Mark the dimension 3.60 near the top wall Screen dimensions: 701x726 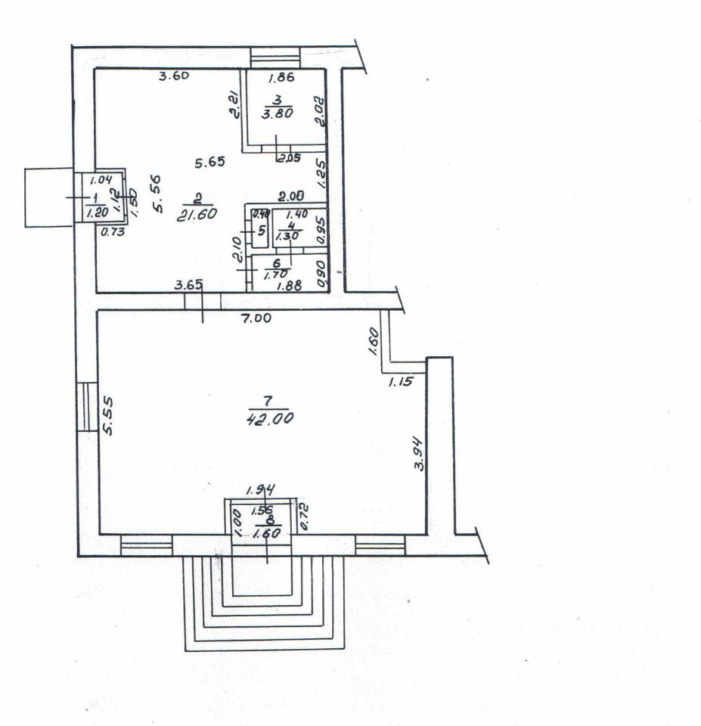[172, 75]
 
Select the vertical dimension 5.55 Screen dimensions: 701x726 [108, 417]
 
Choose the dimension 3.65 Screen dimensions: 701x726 [188, 285]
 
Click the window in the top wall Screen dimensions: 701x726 [275, 57]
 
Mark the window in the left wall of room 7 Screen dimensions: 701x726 [88, 406]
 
